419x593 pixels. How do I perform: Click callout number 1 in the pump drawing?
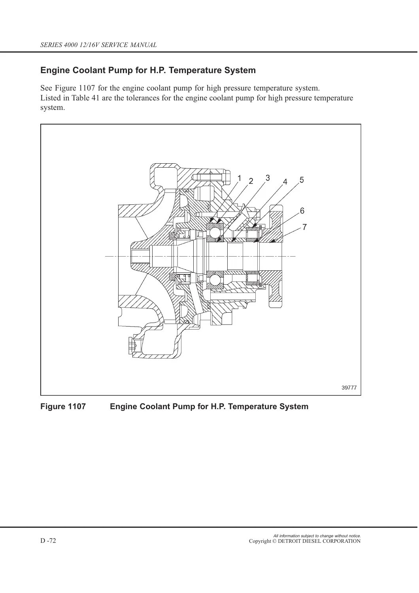tap(239, 178)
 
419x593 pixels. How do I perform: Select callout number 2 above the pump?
tap(251, 181)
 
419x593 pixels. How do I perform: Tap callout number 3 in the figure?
tap(268, 178)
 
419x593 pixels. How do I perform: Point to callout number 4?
tap(285, 182)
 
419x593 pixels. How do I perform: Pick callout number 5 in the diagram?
tap(302, 180)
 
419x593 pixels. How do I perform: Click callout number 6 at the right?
tap(302, 211)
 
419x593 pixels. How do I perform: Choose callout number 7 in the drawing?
tap(304, 227)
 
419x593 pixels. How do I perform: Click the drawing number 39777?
tap(349, 387)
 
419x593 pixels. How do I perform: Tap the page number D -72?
tap(48, 540)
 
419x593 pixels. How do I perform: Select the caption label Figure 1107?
tap(63, 406)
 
